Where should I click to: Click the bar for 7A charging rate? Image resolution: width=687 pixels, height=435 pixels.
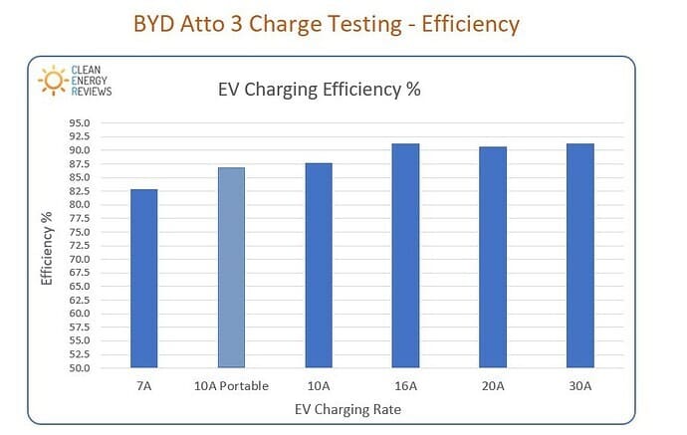point(143,278)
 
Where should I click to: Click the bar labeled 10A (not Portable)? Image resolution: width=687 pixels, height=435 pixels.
point(318,265)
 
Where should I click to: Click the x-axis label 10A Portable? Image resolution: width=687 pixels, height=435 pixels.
point(231,386)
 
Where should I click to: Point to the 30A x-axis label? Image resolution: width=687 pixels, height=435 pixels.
point(579,386)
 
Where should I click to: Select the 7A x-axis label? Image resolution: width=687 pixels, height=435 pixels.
point(143,386)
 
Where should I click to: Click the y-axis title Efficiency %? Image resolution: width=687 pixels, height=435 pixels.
point(47,247)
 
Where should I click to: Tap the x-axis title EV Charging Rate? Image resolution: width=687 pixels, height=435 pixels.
point(348,409)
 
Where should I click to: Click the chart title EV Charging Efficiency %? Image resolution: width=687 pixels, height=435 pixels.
point(319,90)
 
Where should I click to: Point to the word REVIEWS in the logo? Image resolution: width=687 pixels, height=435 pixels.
point(93,90)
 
